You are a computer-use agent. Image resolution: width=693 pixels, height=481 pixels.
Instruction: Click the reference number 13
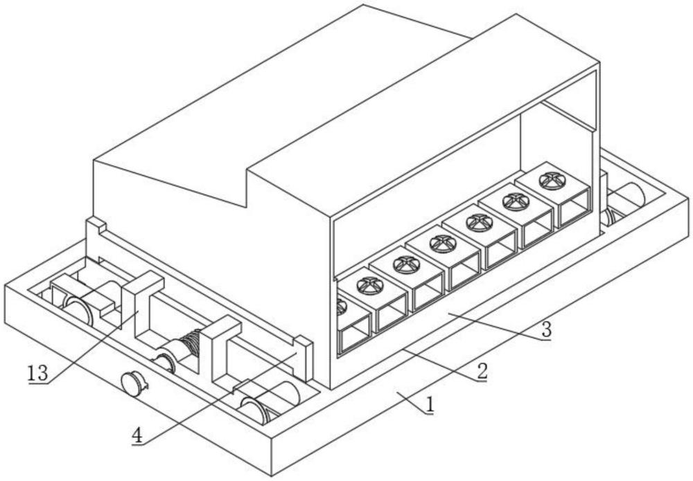click(38, 374)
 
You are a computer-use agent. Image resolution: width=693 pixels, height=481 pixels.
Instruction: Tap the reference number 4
click(137, 435)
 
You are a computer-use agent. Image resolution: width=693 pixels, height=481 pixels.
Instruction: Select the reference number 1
click(429, 406)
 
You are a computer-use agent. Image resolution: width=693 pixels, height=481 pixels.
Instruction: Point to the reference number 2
click(482, 372)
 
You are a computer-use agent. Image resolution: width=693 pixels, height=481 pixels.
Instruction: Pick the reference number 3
click(547, 330)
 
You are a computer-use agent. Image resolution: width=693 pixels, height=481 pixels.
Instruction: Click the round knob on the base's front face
click(134, 383)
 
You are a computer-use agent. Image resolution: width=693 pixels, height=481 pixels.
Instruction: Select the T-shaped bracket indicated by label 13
click(137, 300)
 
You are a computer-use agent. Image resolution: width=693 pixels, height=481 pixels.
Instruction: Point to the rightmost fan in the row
click(551, 180)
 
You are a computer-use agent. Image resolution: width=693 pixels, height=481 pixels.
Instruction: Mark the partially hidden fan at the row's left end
click(340, 307)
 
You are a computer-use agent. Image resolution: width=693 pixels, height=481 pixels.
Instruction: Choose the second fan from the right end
click(516, 201)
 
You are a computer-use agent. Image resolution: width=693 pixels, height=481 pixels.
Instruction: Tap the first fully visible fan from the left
click(370, 286)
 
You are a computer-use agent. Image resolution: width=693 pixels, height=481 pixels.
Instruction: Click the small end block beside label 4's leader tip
click(304, 356)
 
